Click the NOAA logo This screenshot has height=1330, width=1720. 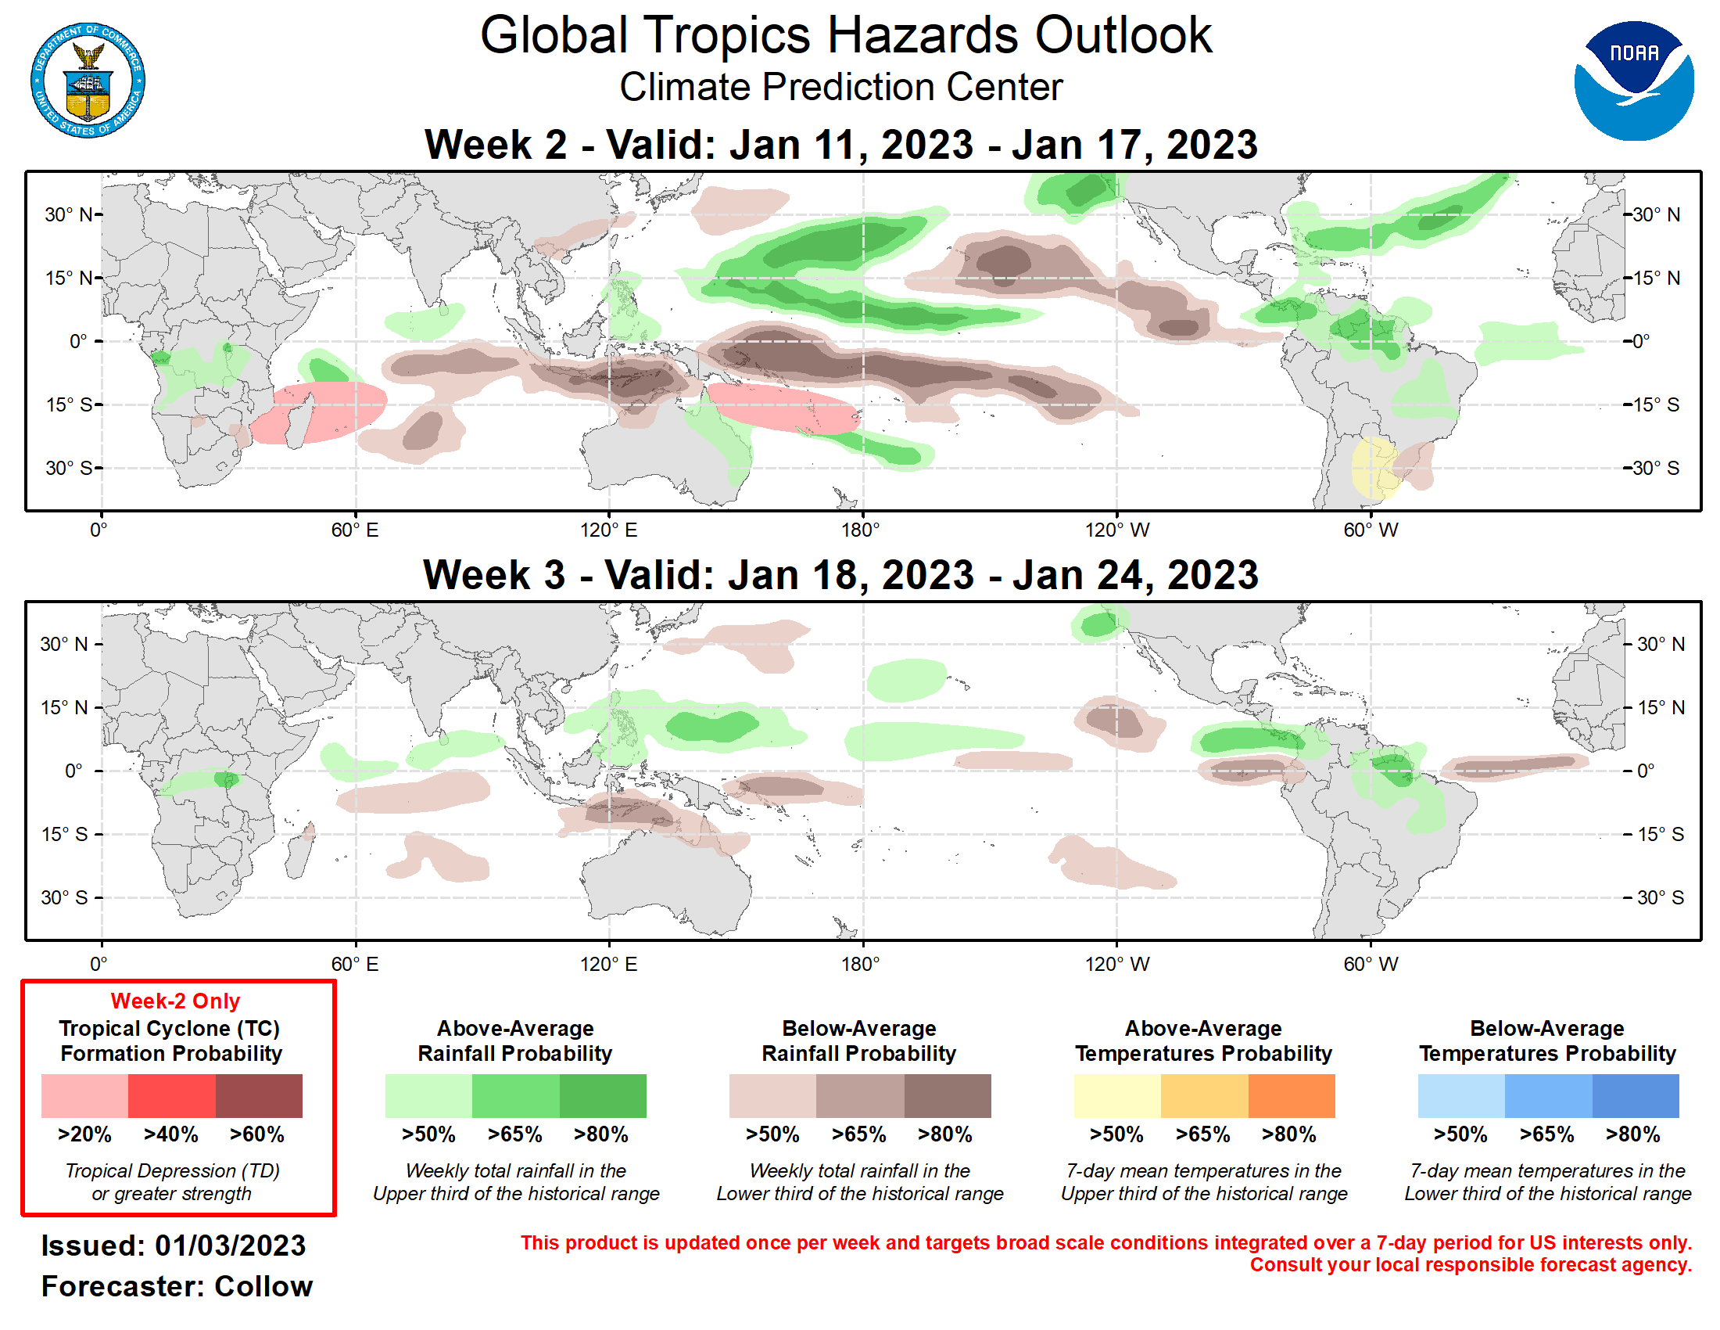coord(1632,81)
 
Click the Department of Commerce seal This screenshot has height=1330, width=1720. coord(88,81)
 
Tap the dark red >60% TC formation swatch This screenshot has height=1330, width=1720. coord(258,1095)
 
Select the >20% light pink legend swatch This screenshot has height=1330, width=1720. coord(84,1095)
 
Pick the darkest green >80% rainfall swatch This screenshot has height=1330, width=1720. coord(603,1095)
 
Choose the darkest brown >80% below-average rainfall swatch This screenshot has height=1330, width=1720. coord(947,1095)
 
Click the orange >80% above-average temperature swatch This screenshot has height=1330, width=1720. coord(1291,1095)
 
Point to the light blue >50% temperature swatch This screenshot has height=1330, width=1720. coord(1461,1095)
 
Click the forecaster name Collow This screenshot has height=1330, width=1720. coord(263,1286)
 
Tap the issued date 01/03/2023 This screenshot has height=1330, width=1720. coord(229,1246)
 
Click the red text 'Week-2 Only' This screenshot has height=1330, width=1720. coord(175,1001)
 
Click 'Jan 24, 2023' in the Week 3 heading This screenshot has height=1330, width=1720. coord(1135,575)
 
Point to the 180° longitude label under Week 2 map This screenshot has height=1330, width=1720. coord(860,530)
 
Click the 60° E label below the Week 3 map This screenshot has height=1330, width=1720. coord(354,964)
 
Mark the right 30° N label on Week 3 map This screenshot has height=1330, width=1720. coord(1660,645)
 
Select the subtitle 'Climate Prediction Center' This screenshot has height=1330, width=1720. coord(840,87)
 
